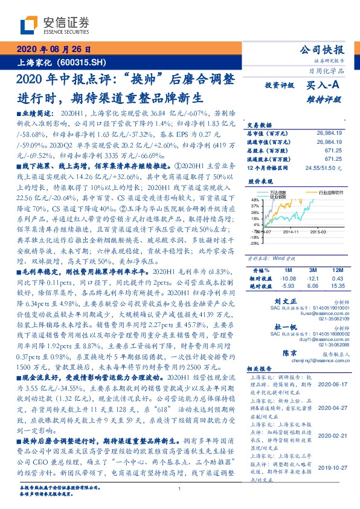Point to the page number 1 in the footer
click(179, 489)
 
